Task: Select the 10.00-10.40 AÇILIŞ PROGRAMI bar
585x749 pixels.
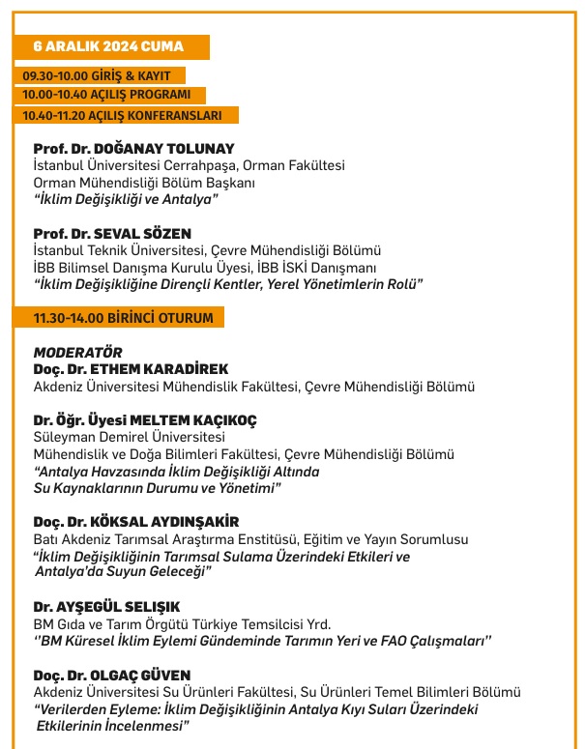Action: pyautogui.click(x=113, y=95)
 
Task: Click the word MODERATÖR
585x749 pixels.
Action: pyautogui.click(x=77, y=353)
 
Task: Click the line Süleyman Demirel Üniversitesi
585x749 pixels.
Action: pyautogui.click(x=128, y=437)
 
